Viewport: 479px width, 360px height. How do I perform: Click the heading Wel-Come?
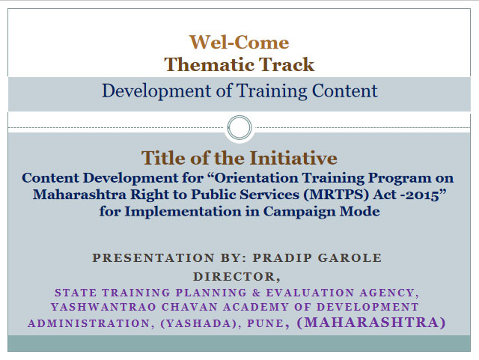tap(239, 42)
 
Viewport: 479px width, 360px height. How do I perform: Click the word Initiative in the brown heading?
tap(293, 158)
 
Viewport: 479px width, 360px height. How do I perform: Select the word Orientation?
tap(256, 178)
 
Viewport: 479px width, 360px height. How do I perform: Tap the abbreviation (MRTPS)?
tap(336, 195)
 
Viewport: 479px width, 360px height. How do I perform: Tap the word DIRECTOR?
tap(234, 277)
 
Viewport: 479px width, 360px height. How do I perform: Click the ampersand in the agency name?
tap(256, 293)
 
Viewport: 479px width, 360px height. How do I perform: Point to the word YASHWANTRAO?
tap(103, 307)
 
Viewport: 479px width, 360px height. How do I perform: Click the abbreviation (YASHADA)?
tap(198, 323)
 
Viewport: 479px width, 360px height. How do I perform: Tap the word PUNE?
tap(265, 323)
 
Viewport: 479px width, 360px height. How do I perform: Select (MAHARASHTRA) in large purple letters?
tap(371, 323)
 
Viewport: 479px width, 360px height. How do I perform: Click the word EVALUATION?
tap(310, 293)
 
